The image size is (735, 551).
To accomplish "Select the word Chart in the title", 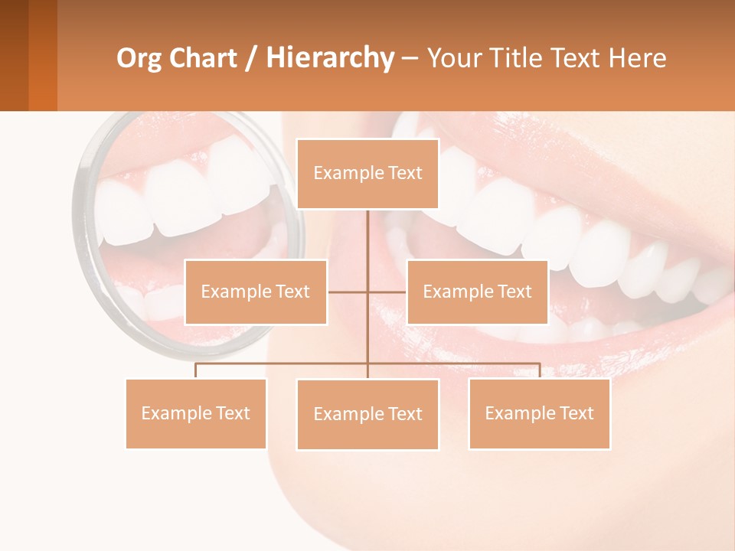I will coord(204,58).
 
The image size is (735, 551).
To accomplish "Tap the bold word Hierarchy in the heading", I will coord(329,58).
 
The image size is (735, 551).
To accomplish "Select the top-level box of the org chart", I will coord(367,174).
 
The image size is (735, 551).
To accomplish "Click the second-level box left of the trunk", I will coord(256,292).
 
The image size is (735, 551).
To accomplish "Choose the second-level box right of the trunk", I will coord(477,292).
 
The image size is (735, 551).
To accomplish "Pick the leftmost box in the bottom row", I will coord(196,414).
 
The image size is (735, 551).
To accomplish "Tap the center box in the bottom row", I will coord(367,415).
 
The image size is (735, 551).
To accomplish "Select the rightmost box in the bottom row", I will coord(539,414).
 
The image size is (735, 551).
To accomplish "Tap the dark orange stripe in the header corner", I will coord(43,55).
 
